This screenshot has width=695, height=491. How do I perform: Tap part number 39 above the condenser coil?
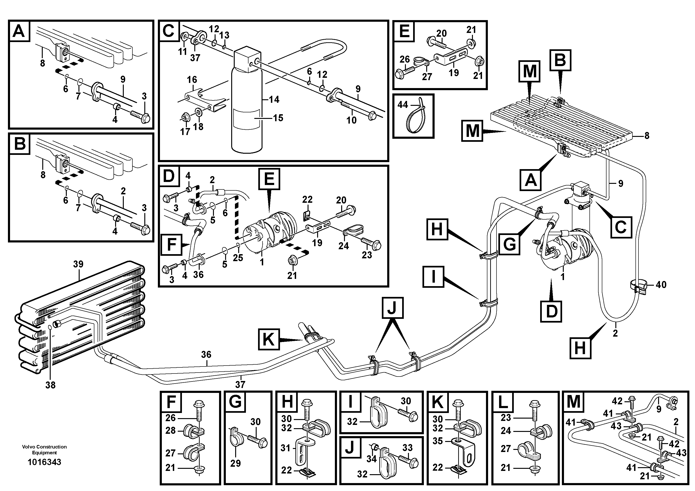click(78, 264)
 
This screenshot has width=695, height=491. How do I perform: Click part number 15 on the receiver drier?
click(278, 118)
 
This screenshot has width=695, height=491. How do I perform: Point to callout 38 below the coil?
click(50, 385)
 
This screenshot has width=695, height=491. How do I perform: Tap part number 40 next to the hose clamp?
click(661, 285)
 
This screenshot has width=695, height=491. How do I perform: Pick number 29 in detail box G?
click(235, 463)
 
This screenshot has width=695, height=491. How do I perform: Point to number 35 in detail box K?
click(438, 441)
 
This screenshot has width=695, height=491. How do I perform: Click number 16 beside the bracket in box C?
click(192, 80)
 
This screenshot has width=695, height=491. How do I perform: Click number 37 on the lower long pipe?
click(240, 384)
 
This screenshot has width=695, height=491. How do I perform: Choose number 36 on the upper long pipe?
click(206, 355)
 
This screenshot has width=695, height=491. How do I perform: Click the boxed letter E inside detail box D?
click(269, 179)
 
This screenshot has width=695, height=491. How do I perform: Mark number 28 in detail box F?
click(170, 430)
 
